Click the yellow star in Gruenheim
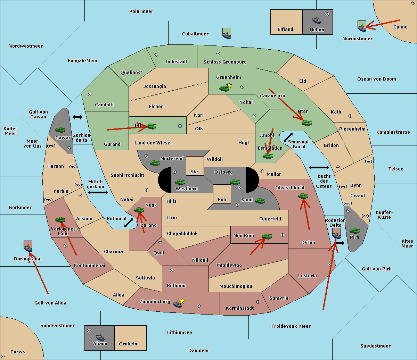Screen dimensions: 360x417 (x=229, y=85)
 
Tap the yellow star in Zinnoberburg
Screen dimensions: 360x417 (x=182, y=301)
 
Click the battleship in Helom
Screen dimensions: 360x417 (x=317, y=20)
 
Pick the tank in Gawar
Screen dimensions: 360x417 (x=60, y=129)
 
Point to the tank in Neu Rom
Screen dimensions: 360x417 (x=267, y=236)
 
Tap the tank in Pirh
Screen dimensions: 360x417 (x=354, y=231)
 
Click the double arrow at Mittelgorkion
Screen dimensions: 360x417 (x=98, y=193)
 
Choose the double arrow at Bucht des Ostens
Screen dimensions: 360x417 (x=319, y=168)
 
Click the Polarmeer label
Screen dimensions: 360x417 (x=141, y=11)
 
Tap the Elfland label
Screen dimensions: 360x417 (x=285, y=30)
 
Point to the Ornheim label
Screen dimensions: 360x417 (x=129, y=344)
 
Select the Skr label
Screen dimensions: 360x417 (x=194, y=172)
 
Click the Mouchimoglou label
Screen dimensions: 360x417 (x=236, y=286)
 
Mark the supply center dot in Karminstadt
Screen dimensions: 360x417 (x=258, y=302)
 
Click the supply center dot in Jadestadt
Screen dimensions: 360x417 (x=156, y=55)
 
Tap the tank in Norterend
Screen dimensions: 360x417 (x=155, y=163)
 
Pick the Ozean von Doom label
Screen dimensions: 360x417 (x=376, y=79)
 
